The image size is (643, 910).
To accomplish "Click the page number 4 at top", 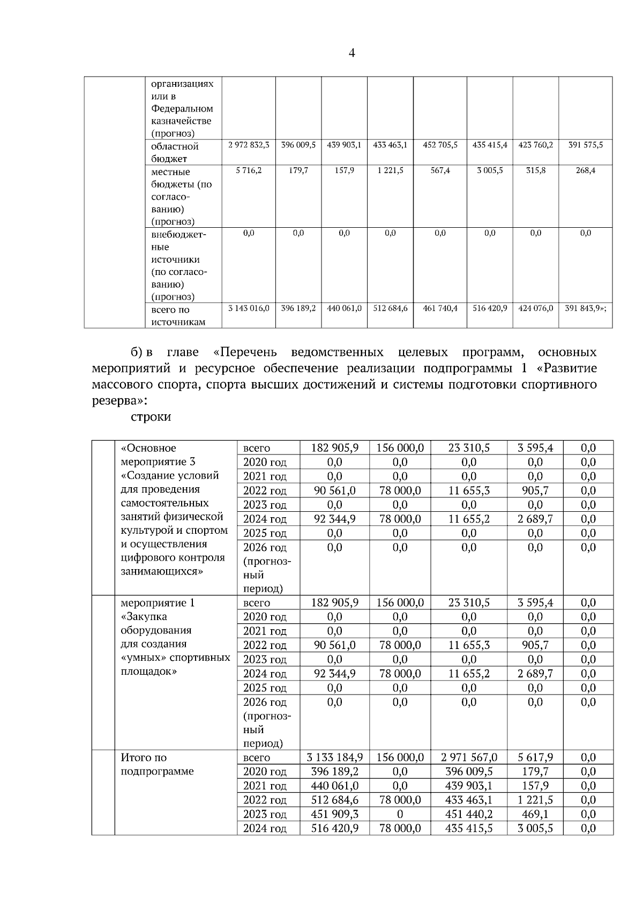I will (x=352, y=53).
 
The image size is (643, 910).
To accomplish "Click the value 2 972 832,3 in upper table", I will (x=248, y=145).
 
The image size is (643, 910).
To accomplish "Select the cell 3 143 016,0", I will (x=248, y=308).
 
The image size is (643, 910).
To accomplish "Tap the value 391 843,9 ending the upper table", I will (x=585, y=308).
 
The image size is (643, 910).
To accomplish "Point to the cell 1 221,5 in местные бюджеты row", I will (x=390, y=170).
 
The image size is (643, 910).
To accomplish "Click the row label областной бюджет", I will (x=175, y=152).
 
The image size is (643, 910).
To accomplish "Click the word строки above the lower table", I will (x=151, y=416).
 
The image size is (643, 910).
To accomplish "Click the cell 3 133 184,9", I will (x=334, y=757).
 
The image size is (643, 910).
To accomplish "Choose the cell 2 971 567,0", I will (x=469, y=757).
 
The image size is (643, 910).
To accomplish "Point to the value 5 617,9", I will (x=535, y=757).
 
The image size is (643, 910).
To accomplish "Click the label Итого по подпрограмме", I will (x=158, y=764).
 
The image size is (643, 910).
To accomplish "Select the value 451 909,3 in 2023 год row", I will (x=334, y=814).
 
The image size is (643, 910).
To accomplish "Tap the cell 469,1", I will (x=535, y=814).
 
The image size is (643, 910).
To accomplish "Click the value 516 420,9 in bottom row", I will (x=334, y=828).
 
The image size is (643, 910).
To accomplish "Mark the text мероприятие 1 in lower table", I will (x=158, y=603).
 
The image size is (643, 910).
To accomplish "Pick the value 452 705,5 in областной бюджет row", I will (x=440, y=145).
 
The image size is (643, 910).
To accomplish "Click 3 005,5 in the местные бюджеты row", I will (x=490, y=170).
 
